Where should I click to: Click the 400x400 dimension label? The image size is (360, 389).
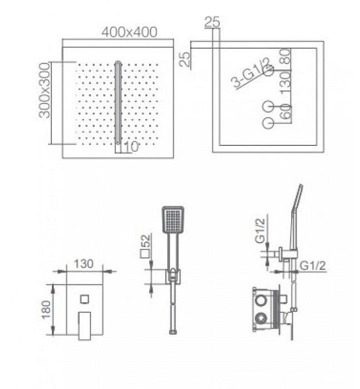(130, 32)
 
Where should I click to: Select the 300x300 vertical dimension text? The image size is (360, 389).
(45, 90)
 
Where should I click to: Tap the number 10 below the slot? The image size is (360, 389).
(131, 147)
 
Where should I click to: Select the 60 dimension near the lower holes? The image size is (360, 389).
(285, 112)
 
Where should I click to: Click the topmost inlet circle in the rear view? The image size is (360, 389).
(269, 71)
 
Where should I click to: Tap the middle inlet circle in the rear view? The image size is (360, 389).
(268, 107)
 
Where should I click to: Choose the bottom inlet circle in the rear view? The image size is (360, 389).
(268, 123)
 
